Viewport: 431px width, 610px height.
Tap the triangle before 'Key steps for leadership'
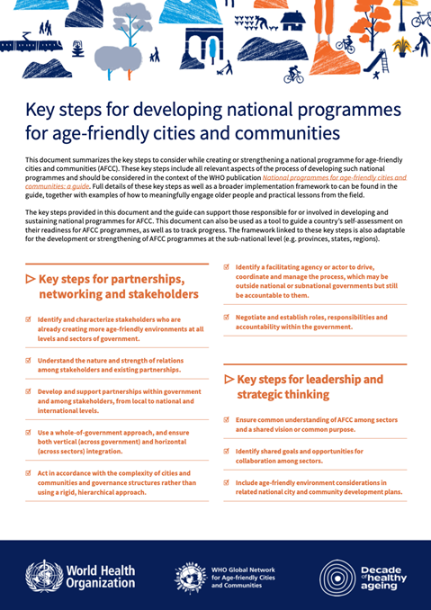[x=229, y=379]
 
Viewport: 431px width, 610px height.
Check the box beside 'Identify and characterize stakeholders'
[x=29, y=319]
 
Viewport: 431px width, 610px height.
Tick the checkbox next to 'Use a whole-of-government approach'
[x=29, y=433]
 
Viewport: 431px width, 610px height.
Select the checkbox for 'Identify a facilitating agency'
[x=227, y=268]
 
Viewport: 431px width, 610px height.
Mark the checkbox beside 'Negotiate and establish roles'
[x=227, y=318]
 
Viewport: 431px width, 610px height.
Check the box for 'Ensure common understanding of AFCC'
[x=227, y=419]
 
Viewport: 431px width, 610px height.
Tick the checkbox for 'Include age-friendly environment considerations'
[x=227, y=482]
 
